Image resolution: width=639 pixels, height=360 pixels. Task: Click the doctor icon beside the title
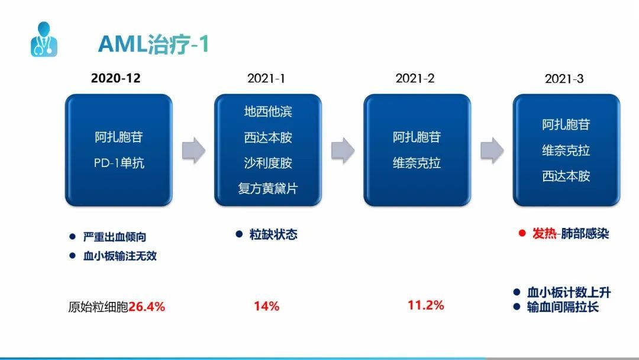click(44, 39)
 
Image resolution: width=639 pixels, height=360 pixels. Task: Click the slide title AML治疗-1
click(154, 44)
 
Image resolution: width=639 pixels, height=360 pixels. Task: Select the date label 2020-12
click(116, 78)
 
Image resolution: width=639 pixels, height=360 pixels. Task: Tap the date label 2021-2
click(415, 78)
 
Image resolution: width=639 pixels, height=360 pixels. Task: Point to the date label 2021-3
click(564, 78)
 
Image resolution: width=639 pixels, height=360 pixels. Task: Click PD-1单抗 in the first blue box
click(118, 163)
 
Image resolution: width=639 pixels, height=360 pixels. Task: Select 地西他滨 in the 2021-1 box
click(268, 111)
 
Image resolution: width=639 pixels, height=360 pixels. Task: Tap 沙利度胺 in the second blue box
click(268, 163)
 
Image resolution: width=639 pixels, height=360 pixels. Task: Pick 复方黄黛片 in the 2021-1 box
click(268, 189)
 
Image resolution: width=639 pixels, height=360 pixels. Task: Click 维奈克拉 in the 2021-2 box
click(417, 163)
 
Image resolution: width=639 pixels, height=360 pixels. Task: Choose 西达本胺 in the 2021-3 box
click(566, 176)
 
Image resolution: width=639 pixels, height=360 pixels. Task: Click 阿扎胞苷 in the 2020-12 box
click(118, 137)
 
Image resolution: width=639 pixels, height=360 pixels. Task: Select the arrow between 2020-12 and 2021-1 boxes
click(193, 150)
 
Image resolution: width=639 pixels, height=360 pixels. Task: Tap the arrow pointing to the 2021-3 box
click(492, 150)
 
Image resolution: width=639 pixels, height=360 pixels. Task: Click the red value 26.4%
click(147, 307)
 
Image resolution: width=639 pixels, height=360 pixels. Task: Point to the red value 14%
click(266, 306)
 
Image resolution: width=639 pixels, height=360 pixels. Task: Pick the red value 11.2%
click(426, 305)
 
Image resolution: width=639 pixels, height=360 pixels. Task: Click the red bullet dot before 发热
click(522, 233)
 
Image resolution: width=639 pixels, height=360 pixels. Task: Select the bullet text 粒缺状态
click(273, 234)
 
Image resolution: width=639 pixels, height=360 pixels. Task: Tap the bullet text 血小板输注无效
click(120, 256)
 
